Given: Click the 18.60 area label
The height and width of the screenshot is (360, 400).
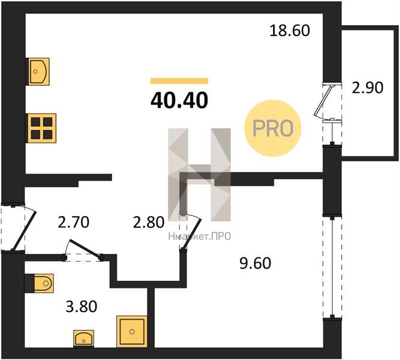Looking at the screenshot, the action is pos(290,31).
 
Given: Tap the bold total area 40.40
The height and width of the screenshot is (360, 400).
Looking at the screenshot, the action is pos(179,100).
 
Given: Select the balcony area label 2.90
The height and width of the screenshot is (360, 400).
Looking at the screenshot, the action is pos(368,88).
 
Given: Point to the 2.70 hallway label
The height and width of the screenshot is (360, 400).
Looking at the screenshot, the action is pos(74,222).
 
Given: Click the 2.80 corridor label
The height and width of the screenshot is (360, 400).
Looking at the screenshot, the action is pos(149,222).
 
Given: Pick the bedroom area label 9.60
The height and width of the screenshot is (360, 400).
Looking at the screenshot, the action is pos(255,263).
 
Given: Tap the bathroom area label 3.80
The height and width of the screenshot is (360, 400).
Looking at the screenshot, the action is pos(82,307).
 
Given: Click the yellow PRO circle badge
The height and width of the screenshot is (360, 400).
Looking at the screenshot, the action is pos(273,128).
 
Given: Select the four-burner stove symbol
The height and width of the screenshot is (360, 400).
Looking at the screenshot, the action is pos(42,128).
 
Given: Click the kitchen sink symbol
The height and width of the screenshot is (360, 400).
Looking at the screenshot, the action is pos(38,72).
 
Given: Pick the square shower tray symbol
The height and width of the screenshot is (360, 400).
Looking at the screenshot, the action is pos(132,332).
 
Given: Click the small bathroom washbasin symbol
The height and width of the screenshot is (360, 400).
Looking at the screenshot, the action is pos(84,338).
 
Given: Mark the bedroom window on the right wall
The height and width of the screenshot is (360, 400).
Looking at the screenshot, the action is pos(332,268).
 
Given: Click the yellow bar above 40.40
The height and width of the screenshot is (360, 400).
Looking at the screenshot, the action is pos(179,81).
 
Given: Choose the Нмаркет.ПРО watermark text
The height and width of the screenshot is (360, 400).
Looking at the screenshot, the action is pos(200,236).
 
